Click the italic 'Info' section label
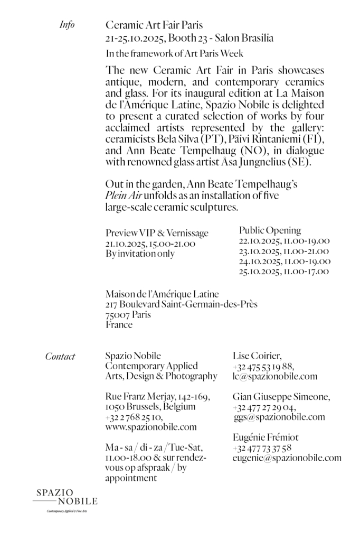coord(67,25)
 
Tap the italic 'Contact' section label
coord(60,357)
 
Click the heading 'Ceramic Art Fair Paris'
coord(154,25)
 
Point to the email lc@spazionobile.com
coord(274,377)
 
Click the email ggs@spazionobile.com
coord(279,417)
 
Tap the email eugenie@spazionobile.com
coord(287,458)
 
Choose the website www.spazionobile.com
coord(151,427)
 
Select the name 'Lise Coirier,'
coord(257,356)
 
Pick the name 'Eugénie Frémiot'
coord(266,437)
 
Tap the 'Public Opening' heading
coord(270,230)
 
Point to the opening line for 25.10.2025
coord(284,272)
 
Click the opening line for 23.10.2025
coord(284,251)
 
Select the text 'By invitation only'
coord(140,254)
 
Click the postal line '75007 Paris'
coord(128,315)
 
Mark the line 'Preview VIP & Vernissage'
coord(157,234)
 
